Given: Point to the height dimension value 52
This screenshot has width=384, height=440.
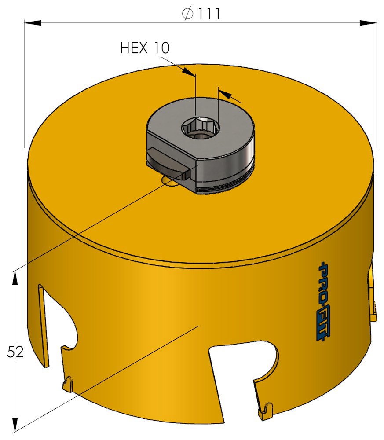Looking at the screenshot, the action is click(x=15, y=352).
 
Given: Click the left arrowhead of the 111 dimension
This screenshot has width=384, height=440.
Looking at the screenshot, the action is click(x=33, y=23).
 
